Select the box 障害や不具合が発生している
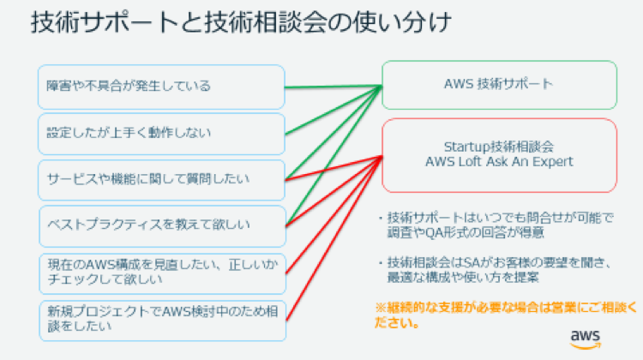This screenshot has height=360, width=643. (x=161, y=87)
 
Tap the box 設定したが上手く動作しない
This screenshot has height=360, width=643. (x=161, y=134)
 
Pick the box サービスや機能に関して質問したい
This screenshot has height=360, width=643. (x=161, y=178)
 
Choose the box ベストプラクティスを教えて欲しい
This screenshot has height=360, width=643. (x=161, y=225)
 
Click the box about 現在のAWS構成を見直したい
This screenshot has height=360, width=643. (x=161, y=273)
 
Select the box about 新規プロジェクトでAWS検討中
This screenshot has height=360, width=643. (x=161, y=319)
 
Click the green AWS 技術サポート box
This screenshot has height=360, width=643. (x=499, y=85)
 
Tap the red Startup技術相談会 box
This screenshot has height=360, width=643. (x=499, y=154)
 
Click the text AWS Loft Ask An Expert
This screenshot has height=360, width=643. (x=499, y=161)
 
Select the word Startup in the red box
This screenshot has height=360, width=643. (x=466, y=146)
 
